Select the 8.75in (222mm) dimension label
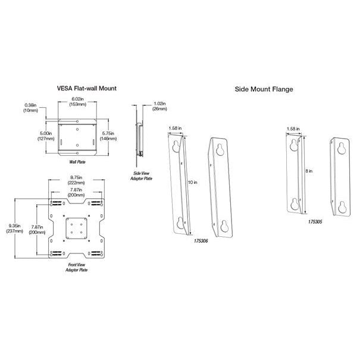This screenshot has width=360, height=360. (x=76, y=179)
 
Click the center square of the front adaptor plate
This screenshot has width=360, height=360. (x=76, y=227)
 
